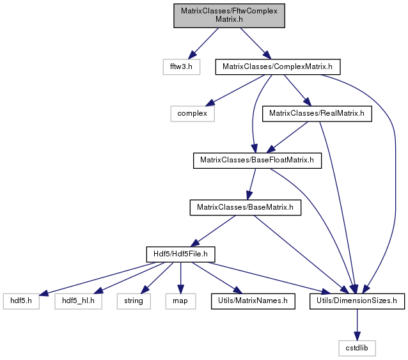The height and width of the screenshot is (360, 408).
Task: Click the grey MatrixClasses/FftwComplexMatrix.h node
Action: [229, 15]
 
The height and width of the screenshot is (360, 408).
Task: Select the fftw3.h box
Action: [182, 67]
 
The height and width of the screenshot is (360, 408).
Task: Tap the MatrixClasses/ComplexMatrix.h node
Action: [278, 67]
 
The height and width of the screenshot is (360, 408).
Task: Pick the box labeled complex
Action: [192, 114]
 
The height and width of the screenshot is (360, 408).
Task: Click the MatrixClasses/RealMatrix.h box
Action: [317, 114]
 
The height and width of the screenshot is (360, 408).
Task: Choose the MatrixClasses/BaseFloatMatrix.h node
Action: [257, 160]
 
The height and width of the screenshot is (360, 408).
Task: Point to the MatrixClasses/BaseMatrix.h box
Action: [246, 208]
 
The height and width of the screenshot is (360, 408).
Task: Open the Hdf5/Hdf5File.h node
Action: [180, 254]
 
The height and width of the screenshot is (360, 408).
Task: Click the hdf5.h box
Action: [21, 301]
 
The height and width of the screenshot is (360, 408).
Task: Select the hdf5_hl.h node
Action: [78, 301]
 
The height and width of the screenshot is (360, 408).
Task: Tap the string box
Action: [134, 301]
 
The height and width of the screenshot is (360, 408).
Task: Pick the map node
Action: [180, 301]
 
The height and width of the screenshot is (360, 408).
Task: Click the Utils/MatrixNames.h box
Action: [253, 301]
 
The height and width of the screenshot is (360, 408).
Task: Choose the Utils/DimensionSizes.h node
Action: [357, 301]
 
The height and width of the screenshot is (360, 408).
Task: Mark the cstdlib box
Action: [357, 348]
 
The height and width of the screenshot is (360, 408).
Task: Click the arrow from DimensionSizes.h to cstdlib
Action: [357, 325]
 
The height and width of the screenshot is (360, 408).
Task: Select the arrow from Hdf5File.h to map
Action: [180, 278]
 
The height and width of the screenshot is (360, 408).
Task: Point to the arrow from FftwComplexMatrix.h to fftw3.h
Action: [203, 43]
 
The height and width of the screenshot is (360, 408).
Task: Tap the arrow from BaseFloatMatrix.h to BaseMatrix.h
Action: [252, 184]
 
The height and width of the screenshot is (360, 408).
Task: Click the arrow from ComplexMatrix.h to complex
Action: [235, 91]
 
